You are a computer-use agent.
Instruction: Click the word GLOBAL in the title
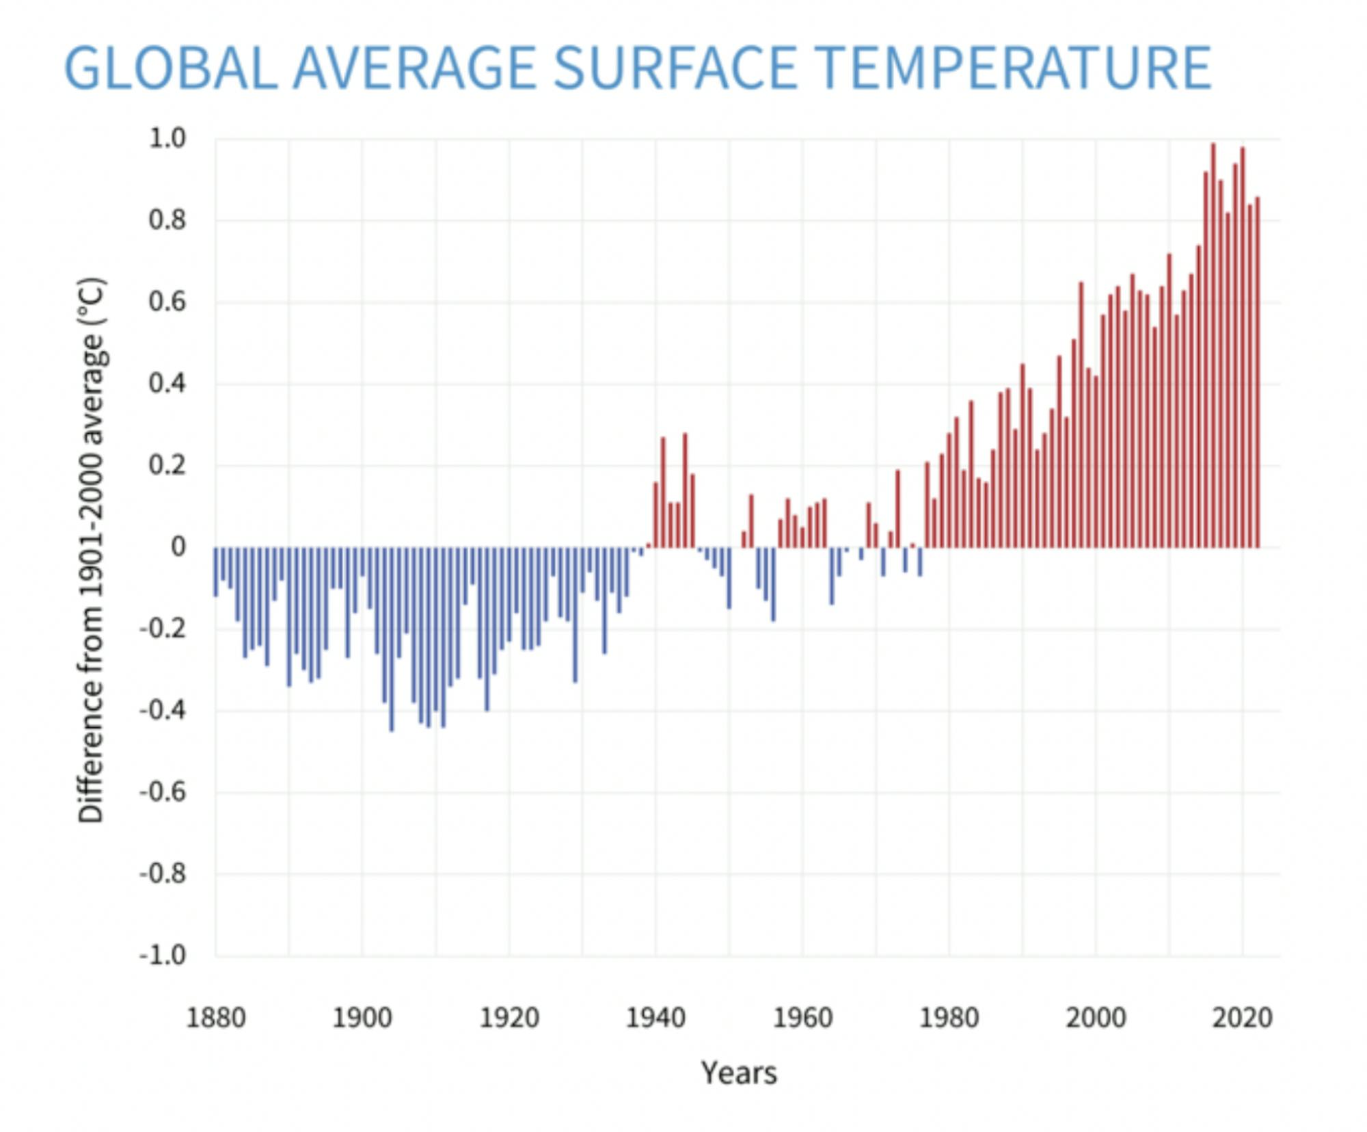click(171, 68)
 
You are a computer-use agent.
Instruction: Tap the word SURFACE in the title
click(675, 68)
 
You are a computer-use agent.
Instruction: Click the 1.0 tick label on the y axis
click(167, 139)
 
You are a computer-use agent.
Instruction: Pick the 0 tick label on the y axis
click(178, 547)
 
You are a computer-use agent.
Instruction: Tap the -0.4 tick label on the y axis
click(163, 711)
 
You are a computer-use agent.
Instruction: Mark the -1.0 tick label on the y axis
click(163, 955)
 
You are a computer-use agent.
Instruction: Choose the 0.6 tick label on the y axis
click(167, 302)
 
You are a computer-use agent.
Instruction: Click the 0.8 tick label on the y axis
click(167, 220)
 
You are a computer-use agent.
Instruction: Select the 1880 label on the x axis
click(216, 1018)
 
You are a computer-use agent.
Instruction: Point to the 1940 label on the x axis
click(655, 1018)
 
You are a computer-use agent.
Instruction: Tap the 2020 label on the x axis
click(1242, 1018)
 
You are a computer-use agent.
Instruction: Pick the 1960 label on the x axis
click(802, 1018)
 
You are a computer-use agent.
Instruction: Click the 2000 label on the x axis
click(1096, 1018)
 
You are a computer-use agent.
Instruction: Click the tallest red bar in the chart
click(1213, 345)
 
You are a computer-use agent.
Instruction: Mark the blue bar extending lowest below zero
click(392, 640)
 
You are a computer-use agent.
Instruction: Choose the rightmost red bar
click(1257, 373)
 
